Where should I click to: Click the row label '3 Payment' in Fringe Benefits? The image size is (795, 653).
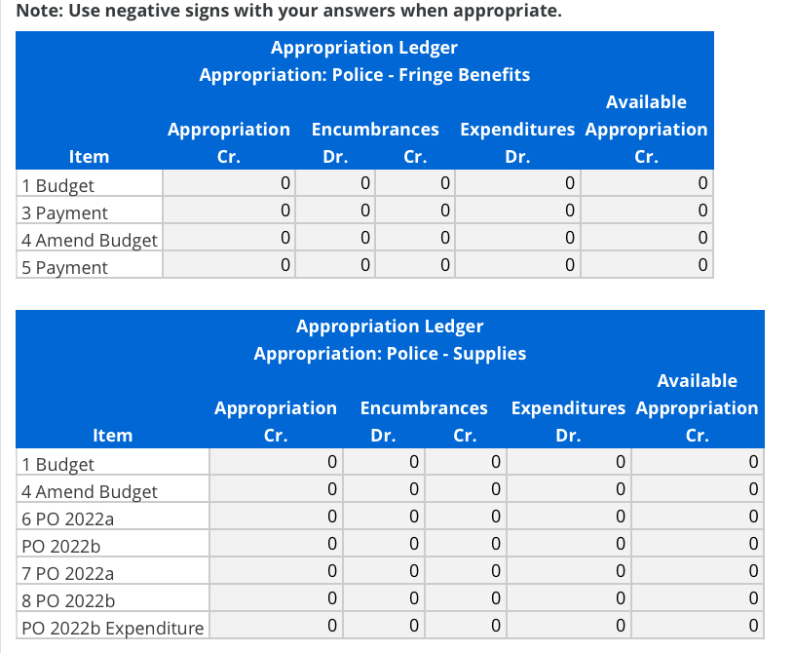pyautogui.click(x=64, y=212)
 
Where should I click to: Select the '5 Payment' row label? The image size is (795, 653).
pyautogui.click(x=64, y=267)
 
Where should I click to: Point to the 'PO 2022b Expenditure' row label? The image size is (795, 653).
pyautogui.click(x=112, y=628)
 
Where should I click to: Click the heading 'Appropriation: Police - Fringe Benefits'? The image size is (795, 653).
pyautogui.click(x=364, y=74)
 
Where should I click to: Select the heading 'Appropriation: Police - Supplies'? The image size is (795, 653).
pyautogui.click(x=390, y=353)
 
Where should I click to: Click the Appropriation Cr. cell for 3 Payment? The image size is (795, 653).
pyautogui.click(x=229, y=211)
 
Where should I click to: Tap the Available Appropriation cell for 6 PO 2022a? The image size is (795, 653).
pyautogui.click(x=697, y=516)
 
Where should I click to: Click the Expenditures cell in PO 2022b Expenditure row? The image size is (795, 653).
pyautogui.click(x=568, y=625)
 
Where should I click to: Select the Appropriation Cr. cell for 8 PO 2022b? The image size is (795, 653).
pyautogui.click(x=276, y=597)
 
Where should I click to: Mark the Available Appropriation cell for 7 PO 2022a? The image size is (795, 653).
pyautogui.click(x=697, y=570)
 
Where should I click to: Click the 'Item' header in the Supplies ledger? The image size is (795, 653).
pyautogui.click(x=112, y=435)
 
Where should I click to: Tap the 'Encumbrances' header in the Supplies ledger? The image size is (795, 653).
pyautogui.click(x=424, y=407)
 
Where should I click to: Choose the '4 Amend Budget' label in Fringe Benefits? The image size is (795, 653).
pyautogui.click(x=89, y=240)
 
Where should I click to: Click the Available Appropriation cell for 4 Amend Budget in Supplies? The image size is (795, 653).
pyautogui.click(x=697, y=488)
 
